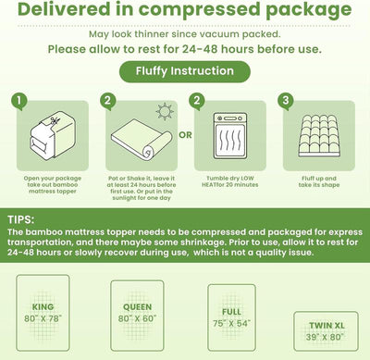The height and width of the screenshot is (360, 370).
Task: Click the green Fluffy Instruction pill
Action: (x=184, y=70)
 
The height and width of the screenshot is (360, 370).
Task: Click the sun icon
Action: (x=166, y=112)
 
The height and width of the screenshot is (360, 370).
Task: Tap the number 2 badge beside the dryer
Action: (x=196, y=100)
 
